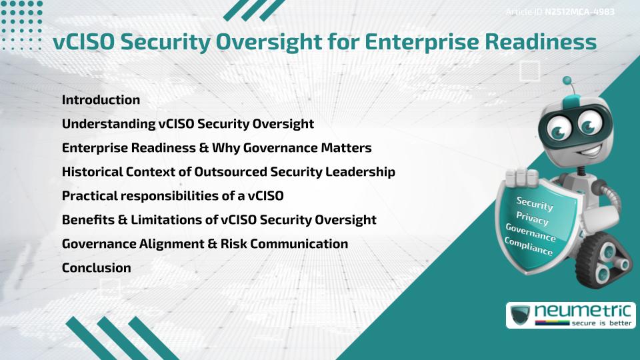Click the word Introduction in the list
101,100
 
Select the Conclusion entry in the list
96,268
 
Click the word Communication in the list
293,244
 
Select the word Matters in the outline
343,148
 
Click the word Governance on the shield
531,231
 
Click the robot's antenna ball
568,81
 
